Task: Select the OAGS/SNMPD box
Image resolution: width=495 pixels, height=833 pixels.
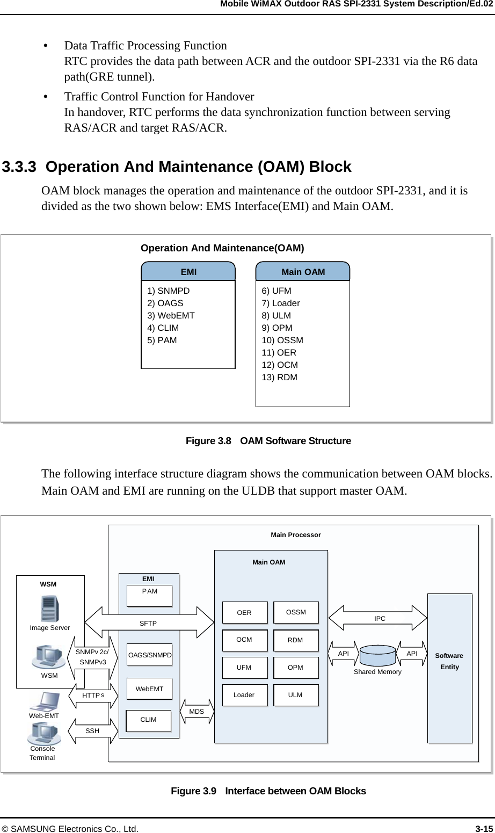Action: click(150, 655)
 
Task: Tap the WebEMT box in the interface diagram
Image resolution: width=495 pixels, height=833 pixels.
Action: click(149, 689)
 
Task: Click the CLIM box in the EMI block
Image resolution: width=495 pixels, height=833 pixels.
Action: click(148, 720)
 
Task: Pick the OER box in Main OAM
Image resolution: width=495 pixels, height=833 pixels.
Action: click(244, 613)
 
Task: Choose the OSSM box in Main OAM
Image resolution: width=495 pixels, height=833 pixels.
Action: click(296, 612)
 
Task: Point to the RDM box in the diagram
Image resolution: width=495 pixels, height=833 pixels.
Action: click(295, 640)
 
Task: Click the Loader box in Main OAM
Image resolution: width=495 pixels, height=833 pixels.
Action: click(244, 695)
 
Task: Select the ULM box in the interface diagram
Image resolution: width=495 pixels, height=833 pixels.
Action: click(295, 695)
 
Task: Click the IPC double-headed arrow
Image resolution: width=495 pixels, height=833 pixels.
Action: click(379, 619)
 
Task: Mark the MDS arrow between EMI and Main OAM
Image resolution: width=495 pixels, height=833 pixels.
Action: click(197, 711)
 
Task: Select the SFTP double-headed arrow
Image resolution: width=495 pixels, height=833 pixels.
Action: click(149, 624)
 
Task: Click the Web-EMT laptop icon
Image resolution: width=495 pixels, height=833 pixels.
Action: click(45, 701)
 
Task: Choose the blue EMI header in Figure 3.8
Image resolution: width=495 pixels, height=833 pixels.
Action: click(188, 272)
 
